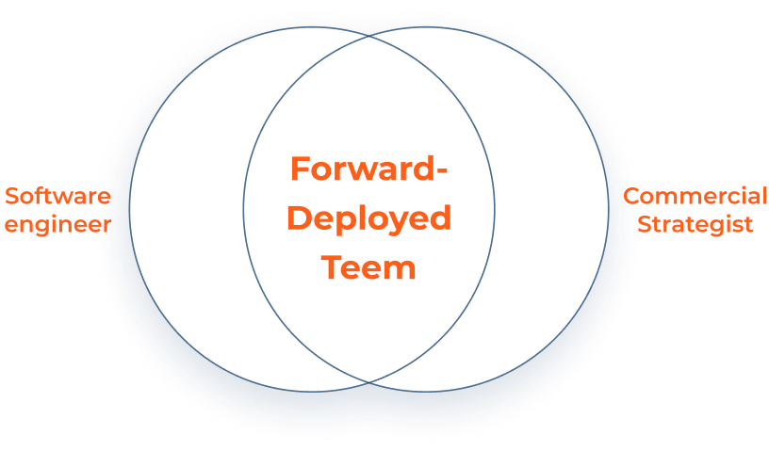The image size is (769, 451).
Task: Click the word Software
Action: (57, 196)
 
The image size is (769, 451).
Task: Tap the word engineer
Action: (57, 225)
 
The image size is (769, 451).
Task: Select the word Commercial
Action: (695, 196)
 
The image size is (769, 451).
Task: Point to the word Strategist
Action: (695, 224)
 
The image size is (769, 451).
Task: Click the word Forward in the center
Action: (362, 169)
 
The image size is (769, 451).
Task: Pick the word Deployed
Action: (368, 218)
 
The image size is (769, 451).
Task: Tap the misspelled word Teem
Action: (368, 267)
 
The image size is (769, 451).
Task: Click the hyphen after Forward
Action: (441, 171)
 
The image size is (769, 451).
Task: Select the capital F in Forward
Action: (300, 169)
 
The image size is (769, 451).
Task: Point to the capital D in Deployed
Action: (300, 218)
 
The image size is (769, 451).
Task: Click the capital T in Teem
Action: (333, 267)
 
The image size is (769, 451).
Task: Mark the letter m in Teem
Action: (401, 271)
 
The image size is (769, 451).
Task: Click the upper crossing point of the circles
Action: (368, 36)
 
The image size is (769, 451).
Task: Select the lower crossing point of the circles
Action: (368, 382)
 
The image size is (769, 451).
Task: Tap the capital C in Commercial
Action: (632, 196)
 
